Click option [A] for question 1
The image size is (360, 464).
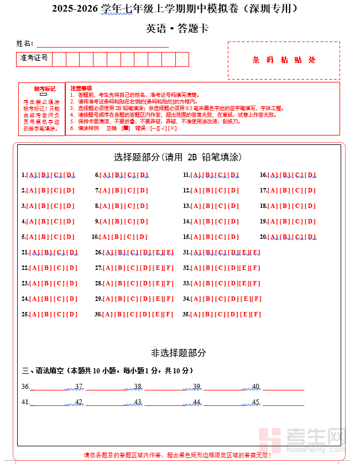31,175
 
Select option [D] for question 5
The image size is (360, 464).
69,237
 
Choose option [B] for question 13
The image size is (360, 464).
207,206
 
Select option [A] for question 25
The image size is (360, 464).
34,315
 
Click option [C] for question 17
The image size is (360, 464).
298,191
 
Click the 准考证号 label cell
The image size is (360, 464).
34,58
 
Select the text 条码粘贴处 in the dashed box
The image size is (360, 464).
284,60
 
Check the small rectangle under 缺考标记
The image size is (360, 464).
44,95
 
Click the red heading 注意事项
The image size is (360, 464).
81,88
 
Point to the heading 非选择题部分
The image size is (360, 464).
179,353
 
